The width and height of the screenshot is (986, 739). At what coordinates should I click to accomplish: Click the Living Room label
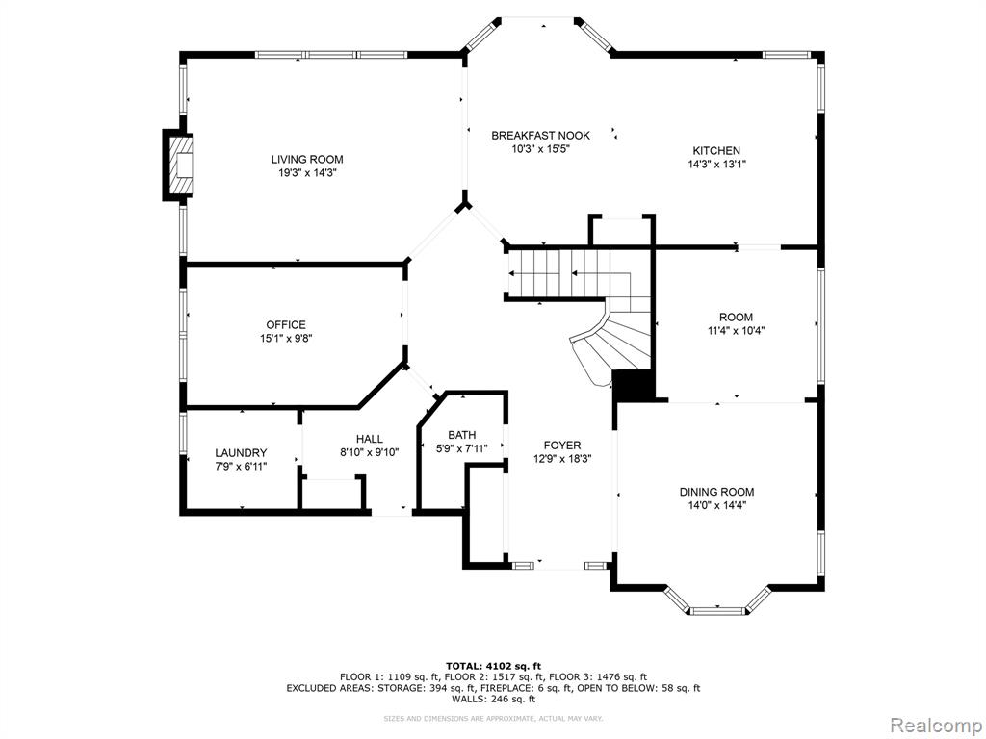click(x=307, y=159)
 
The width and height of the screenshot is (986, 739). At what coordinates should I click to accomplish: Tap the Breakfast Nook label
click(x=540, y=135)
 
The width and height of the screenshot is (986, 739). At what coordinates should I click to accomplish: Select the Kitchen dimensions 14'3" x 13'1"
click(x=716, y=164)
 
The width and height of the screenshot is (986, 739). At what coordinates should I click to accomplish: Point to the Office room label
click(x=286, y=324)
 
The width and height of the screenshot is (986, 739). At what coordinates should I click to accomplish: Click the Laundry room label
click(x=241, y=452)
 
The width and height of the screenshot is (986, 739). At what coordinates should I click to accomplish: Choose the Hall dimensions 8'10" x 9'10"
click(x=369, y=452)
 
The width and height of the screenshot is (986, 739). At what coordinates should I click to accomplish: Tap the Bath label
click(x=461, y=435)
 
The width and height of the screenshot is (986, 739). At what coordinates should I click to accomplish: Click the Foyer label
click(x=562, y=445)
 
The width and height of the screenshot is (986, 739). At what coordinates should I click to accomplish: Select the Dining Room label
click(x=716, y=492)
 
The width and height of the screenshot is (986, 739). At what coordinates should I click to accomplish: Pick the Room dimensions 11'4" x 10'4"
click(x=736, y=331)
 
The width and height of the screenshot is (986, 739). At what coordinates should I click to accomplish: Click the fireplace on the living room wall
click(x=177, y=165)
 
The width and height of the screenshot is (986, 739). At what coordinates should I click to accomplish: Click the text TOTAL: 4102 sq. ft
click(x=493, y=666)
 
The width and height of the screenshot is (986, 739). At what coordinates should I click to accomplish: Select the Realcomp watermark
click(x=936, y=725)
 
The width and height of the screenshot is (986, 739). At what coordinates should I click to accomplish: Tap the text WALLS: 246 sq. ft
click(x=493, y=699)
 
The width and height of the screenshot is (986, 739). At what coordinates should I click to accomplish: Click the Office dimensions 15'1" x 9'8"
click(x=286, y=338)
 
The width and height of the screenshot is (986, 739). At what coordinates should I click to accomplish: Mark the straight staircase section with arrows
click(x=558, y=273)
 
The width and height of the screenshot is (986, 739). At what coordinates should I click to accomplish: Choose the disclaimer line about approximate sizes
click(x=493, y=718)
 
